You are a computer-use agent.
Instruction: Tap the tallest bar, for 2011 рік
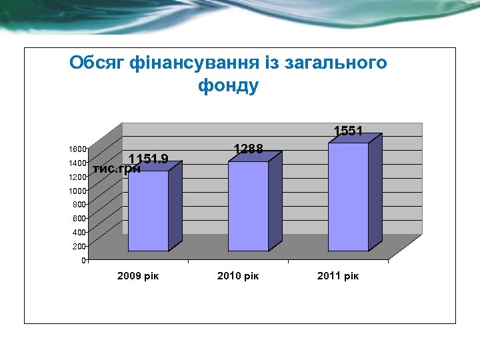pyautogui.click(x=348, y=197)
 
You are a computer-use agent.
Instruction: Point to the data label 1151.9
pyautogui.click(x=149, y=159)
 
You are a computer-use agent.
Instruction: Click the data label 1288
pyautogui.click(x=248, y=149)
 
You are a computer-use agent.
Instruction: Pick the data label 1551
pyautogui.click(x=348, y=131)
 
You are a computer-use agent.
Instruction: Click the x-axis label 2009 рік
pyautogui.click(x=138, y=275)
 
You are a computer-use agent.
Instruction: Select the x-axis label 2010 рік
pyautogui.click(x=238, y=275)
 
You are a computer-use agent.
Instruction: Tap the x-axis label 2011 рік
pyautogui.click(x=338, y=275)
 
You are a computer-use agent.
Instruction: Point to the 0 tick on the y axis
pyautogui.click(x=83, y=260)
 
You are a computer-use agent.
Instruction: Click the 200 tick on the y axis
pyautogui.click(x=79, y=246)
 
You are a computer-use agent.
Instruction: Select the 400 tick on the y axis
pyautogui.click(x=79, y=232)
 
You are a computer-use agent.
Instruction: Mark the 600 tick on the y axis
pyautogui.click(x=79, y=218)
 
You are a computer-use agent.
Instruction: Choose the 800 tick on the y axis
pyautogui.click(x=79, y=204)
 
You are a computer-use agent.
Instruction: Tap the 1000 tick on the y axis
pyautogui.click(x=77, y=191)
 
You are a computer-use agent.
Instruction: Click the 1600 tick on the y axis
pyautogui.click(x=77, y=149)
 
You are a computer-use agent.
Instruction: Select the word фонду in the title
pyautogui.click(x=228, y=86)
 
